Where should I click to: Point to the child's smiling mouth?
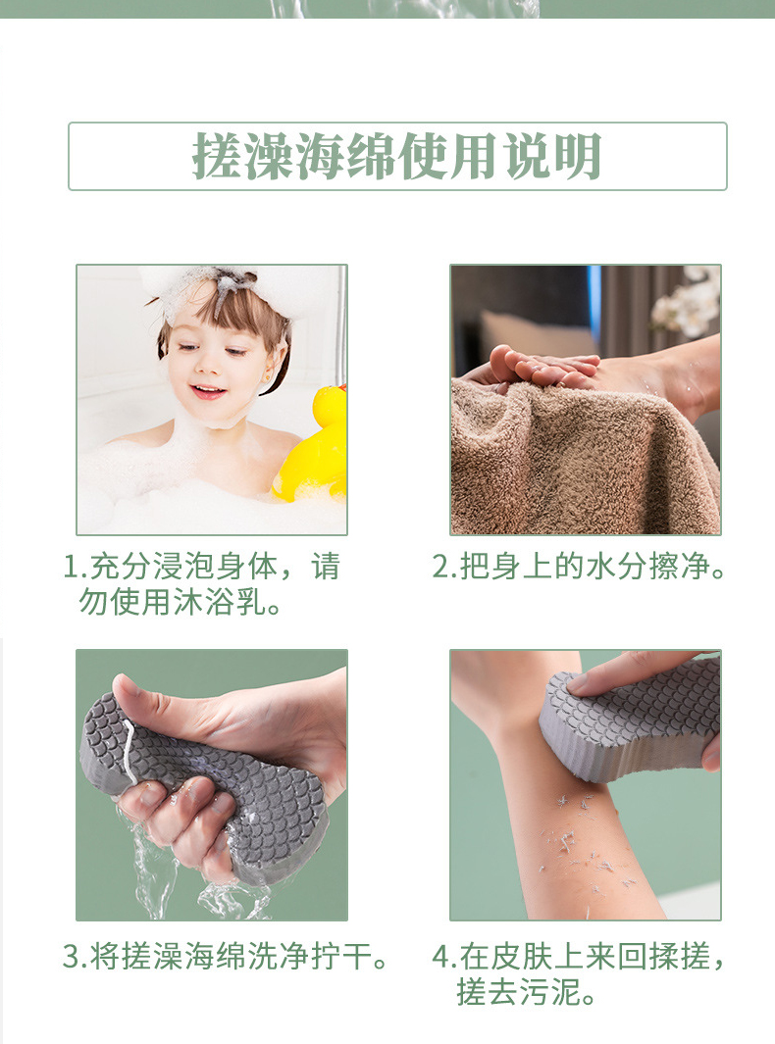pyautogui.click(x=208, y=391)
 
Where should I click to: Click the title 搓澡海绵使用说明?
pyautogui.click(x=397, y=157)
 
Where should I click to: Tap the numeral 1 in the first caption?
pyautogui.click(x=71, y=567)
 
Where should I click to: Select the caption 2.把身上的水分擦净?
pyautogui.click(x=579, y=567)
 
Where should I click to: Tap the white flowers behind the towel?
pyautogui.click(x=689, y=303)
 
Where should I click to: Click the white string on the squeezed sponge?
pyautogui.click(x=129, y=750)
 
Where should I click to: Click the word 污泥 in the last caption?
pyautogui.click(x=549, y=992)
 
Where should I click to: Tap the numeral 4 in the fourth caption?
pyautogui.click(x=440, y=958)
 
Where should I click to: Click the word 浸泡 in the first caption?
pyautogui.click(x=183, y=567)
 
